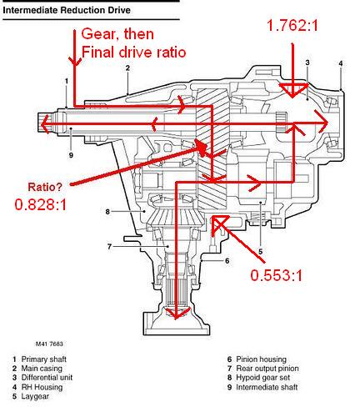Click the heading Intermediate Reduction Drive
click(x=67, y=10)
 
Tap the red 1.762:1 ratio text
click(x=292, y=25)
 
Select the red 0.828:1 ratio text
click(x=41, y=205)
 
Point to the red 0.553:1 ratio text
click(x=276, y=275)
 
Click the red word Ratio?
click(x=46, y=187)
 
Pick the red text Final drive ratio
click(x=133, y=52)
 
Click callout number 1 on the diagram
click(x=67, y=81)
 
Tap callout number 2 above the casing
click(x=127, y=68)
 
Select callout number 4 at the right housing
click(x=341, y=63)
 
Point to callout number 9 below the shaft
click(x=71, y=155)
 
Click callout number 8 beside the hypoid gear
click(x=107, y=212)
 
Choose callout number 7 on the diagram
click(x=109, y=246)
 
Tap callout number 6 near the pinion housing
click(x=227, y=261)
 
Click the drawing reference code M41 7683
click(x=49, y=344)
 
